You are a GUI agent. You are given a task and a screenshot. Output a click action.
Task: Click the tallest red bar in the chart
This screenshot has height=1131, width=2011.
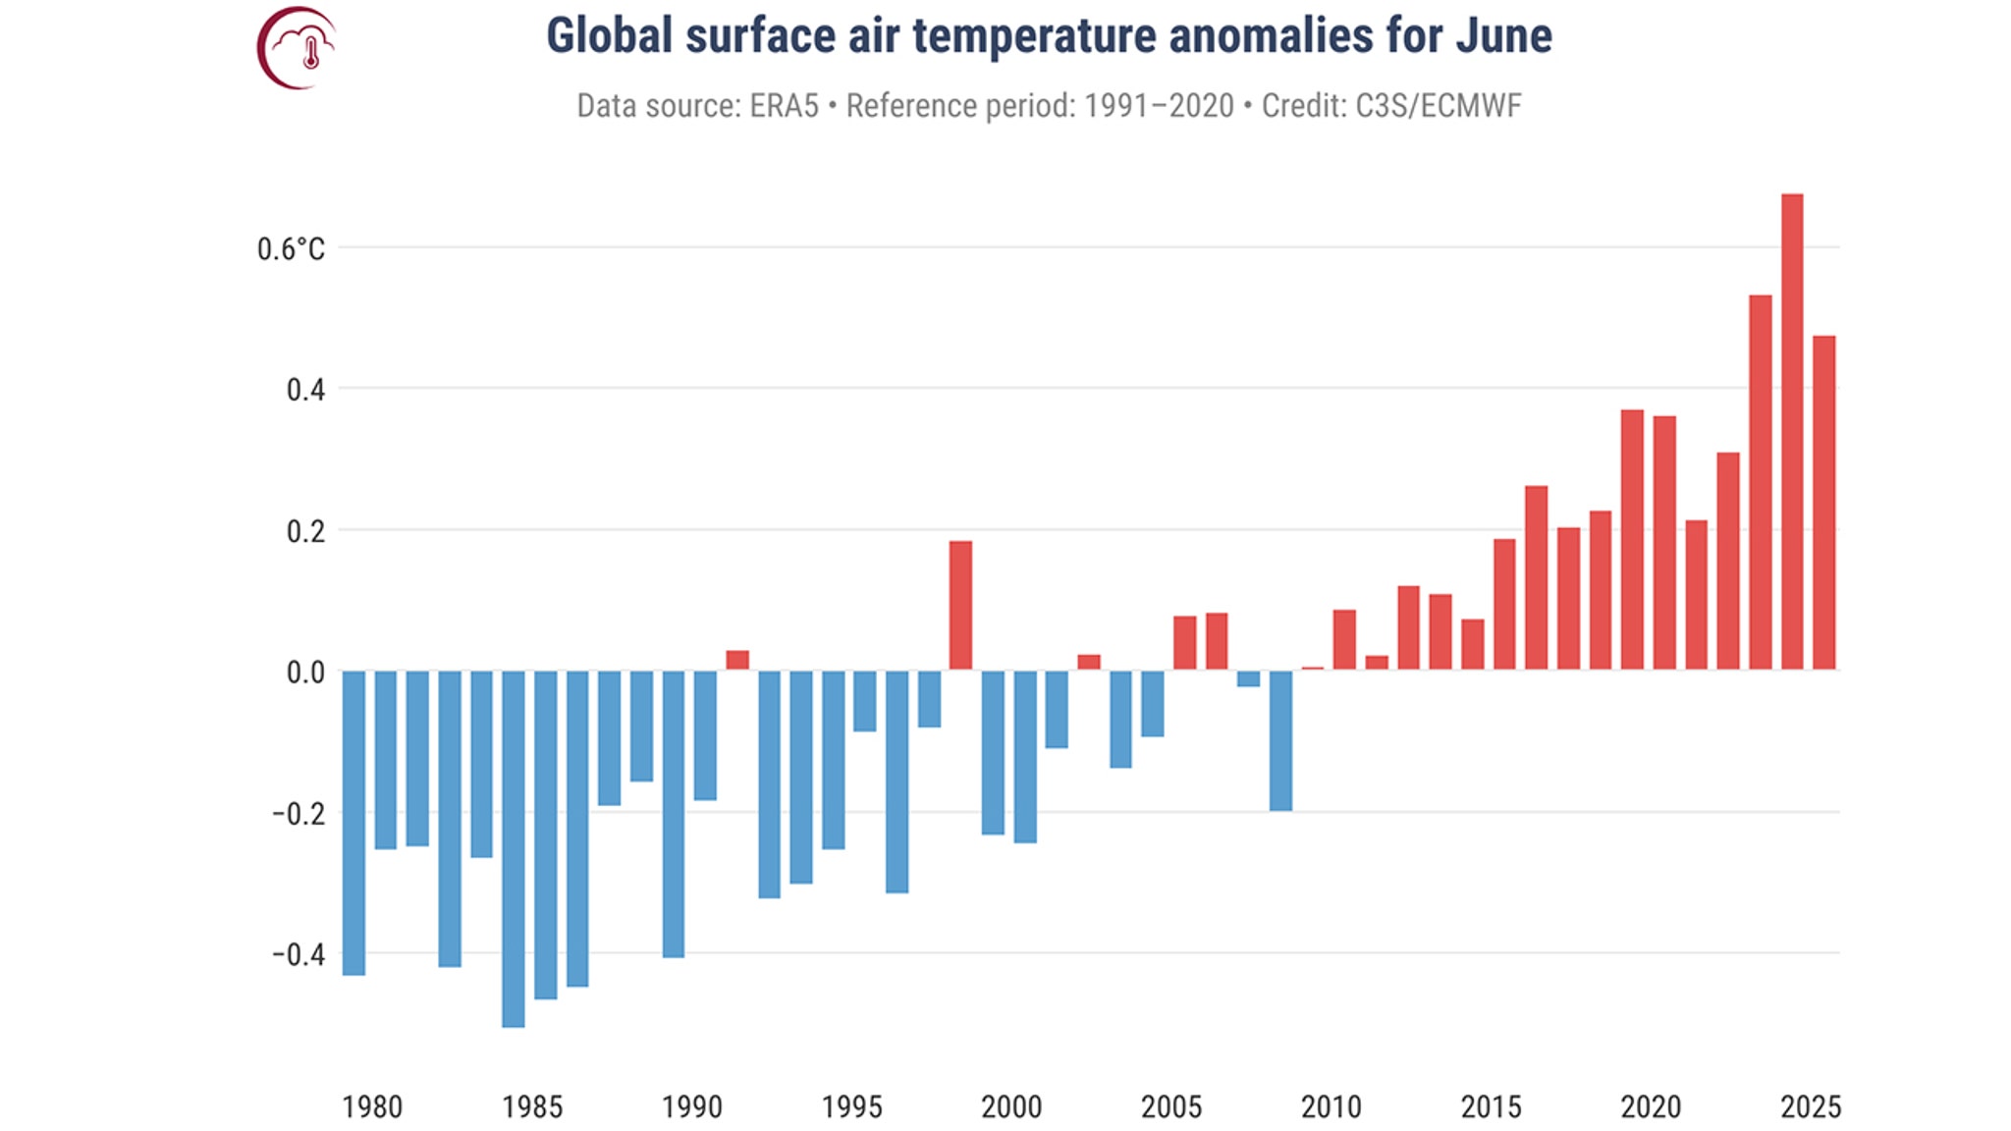tap(1791, 432)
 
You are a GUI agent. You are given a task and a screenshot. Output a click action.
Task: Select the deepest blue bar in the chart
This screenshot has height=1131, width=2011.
tap(513, 848)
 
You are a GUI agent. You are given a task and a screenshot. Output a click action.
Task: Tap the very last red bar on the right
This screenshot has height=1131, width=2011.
tap(1823, 503)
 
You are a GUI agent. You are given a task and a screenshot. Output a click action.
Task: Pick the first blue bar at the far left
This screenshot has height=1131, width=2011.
tap(353, 823)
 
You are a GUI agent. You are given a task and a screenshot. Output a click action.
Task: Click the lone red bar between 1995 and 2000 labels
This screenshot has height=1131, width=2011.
tap(960, 605)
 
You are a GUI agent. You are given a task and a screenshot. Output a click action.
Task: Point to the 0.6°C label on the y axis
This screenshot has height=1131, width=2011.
tap(291, 249)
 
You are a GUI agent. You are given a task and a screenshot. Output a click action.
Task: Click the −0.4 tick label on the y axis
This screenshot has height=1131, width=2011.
tap(299, 954)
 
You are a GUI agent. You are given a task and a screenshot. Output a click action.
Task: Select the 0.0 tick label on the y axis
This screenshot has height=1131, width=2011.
tap(305, 673)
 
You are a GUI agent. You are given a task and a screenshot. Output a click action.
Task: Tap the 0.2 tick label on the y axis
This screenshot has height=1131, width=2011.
tap(305, 531)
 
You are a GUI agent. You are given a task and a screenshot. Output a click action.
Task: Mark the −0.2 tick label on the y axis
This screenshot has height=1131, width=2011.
tap(299, 813)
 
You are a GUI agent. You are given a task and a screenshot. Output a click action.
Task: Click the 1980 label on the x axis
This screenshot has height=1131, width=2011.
tap(372, 1106)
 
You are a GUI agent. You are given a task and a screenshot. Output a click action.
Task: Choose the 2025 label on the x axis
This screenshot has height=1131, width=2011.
tap(1810, 1106)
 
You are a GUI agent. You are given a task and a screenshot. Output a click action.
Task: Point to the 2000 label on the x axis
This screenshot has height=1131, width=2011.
tap(1011, 1106)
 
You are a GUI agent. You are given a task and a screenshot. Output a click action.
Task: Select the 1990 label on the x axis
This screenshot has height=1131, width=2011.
tap(691, 1106)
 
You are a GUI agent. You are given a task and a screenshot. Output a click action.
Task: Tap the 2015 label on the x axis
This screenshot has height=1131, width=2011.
tap(1491, 1106)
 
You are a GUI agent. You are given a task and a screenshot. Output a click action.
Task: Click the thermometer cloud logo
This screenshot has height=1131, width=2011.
tap(298, 47)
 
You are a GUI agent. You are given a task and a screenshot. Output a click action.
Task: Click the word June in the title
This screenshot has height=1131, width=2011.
tap(1503, 36)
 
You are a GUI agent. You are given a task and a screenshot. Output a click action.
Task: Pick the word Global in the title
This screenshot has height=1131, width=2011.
tap(610, 36)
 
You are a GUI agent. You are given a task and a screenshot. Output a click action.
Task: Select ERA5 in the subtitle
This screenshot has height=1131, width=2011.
tap(784, 106)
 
